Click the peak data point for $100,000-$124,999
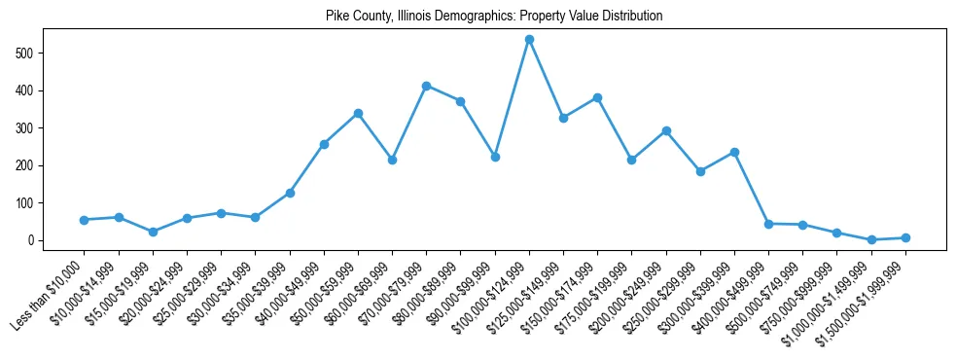point(529,39)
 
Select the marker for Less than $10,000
point(84,220)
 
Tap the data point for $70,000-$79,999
point(426,86)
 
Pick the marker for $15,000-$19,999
point(153,232)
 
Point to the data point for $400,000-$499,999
point(768,224)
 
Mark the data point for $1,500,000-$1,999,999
point(905,237)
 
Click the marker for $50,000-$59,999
point(358,113)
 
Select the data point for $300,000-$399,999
point(734,152)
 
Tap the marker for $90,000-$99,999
point(495,157)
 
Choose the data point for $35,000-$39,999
point(290,193)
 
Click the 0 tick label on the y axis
point(33,240)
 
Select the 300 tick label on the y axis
point(29,127)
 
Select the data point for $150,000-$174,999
point(597,98)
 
